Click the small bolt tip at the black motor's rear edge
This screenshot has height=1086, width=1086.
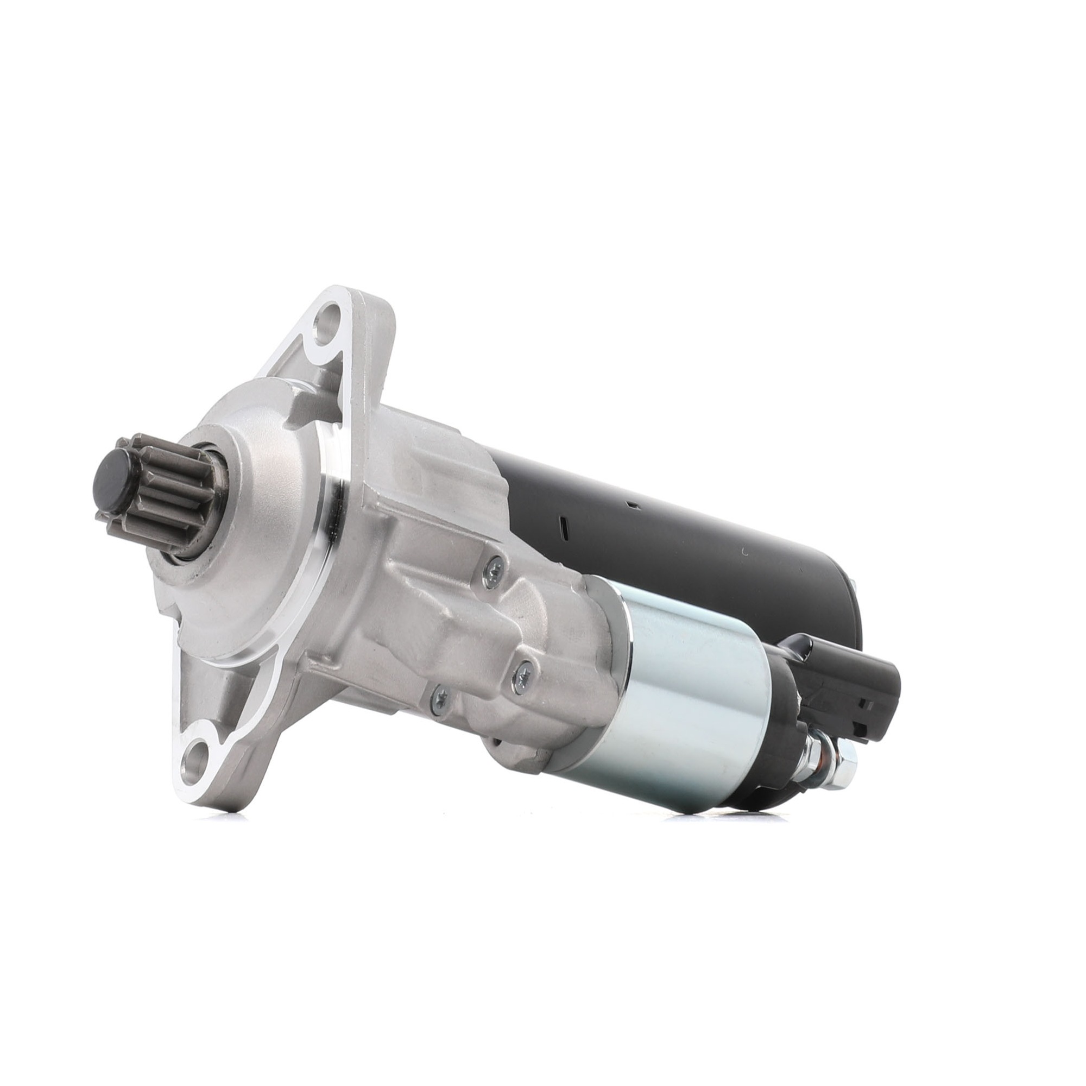854,585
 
